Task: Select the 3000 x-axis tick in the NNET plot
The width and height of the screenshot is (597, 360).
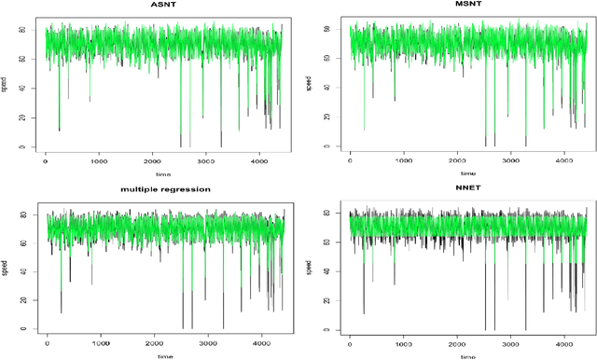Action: point(508,344)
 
